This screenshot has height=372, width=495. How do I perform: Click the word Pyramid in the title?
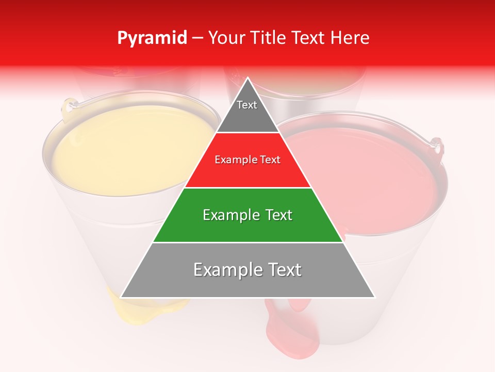152,38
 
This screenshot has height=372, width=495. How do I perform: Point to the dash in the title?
197,38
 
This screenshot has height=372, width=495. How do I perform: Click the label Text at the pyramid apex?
247,105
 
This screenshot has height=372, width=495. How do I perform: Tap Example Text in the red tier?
247,160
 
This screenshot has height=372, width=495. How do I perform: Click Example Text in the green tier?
247,215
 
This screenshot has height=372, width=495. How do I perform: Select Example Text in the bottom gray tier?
247,270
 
